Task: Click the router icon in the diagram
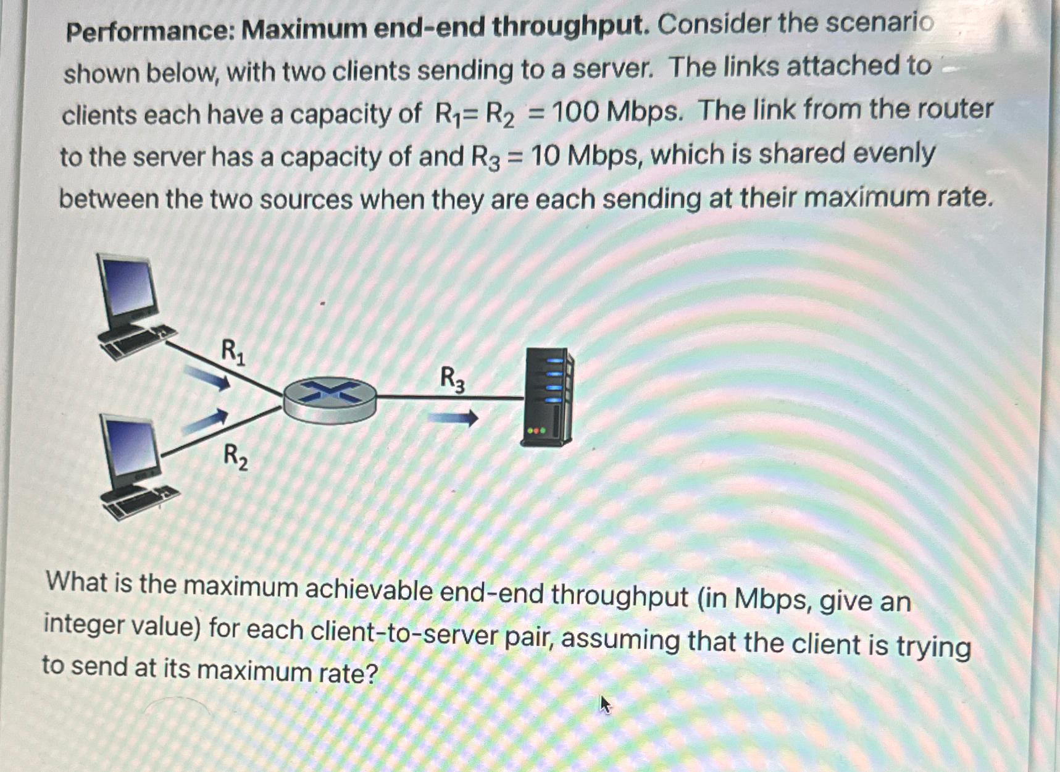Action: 330,400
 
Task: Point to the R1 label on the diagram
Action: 233,352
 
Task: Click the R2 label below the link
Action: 235,456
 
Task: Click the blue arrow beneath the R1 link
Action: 207,377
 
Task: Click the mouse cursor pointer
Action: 605,704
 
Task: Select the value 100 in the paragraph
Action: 574,112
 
